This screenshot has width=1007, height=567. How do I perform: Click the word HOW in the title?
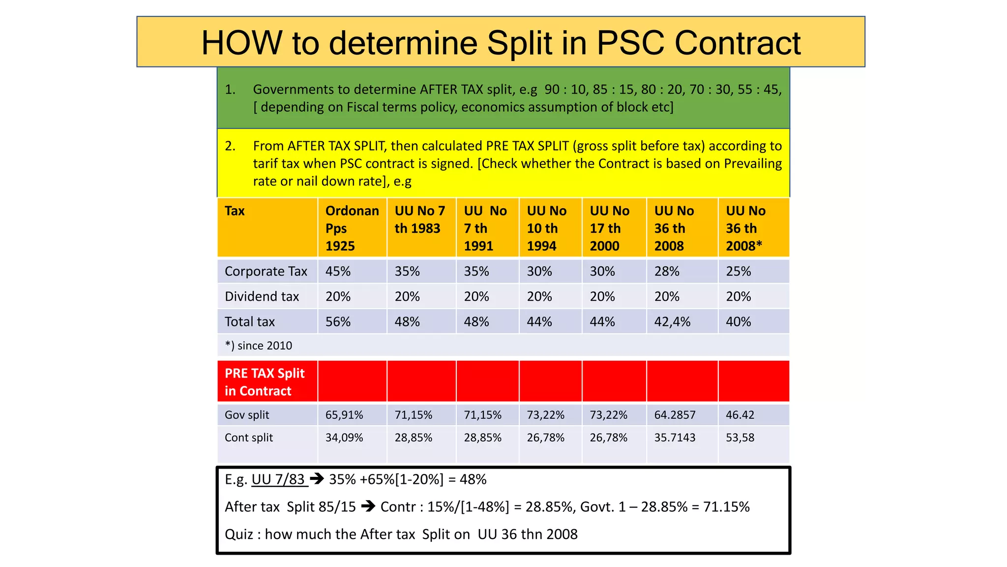pos(241,43)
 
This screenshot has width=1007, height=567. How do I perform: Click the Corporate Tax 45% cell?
pos(338,271)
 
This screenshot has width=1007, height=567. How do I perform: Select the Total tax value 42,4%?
pos(672,322)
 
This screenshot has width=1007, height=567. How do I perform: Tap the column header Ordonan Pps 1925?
pos(352,228)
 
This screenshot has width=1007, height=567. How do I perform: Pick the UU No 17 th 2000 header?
pos(609,228)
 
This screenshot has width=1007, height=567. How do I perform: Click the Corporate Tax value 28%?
pos(666,271)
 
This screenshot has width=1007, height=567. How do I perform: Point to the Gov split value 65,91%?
pos(344,415)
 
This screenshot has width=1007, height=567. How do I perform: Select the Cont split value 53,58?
pos(740,438)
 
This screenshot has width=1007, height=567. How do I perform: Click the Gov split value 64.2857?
pos(674,415)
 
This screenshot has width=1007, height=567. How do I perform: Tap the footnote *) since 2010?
pos(258,346)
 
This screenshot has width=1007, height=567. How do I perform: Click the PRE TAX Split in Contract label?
pos(265,382)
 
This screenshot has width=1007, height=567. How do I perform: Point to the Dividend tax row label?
pos(262,296)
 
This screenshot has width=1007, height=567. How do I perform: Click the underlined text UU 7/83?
pos(279,479)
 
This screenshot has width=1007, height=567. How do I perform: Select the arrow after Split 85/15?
pos(368,506)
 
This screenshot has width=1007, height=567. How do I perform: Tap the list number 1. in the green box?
pos(230,90)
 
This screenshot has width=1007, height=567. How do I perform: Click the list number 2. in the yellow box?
pos(230,146)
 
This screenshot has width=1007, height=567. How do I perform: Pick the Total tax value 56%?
pos(338,322)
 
